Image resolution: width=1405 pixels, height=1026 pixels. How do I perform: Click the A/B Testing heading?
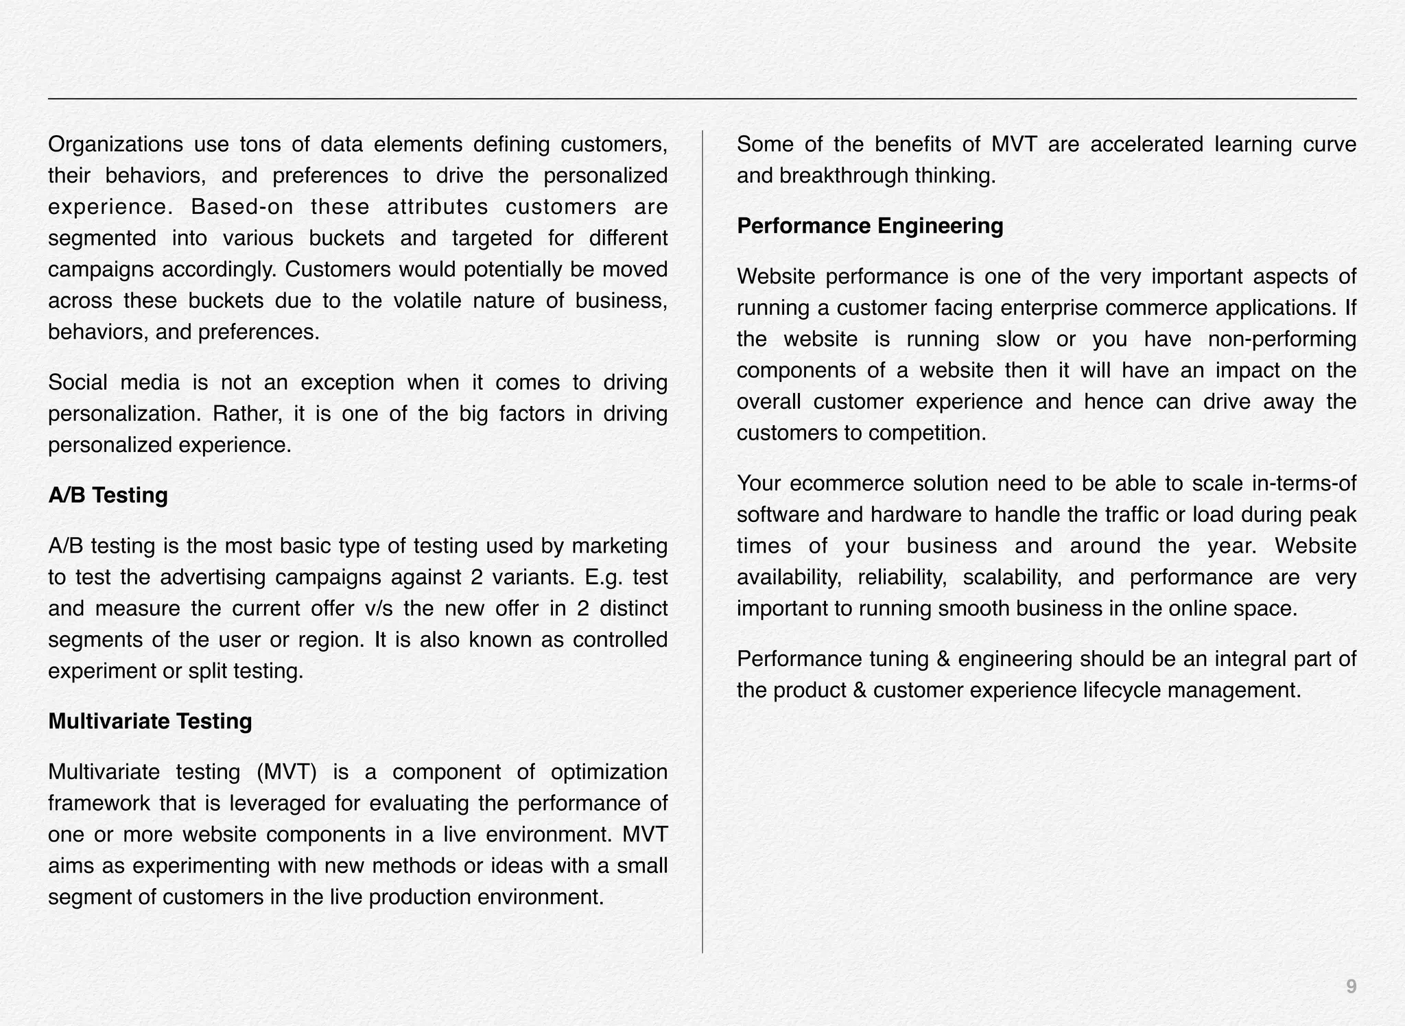pos(108,495)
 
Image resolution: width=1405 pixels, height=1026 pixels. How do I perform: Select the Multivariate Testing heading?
pos(150,721)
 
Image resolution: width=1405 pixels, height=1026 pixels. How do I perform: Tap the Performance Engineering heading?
pos(869,226)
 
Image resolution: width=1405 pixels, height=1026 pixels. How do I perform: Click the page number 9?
pos(1351,987)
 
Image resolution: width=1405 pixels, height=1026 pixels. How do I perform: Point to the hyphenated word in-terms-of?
pos(1303,484)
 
